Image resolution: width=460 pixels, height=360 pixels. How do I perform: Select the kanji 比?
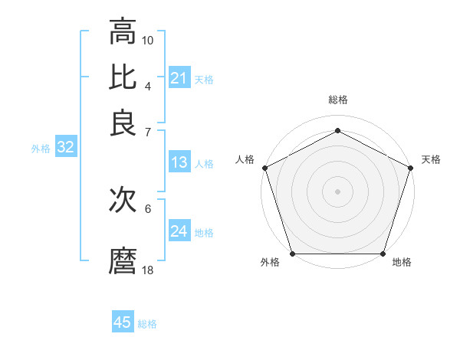(x=123, y=77)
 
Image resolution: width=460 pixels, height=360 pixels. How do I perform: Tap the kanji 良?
(x=123, y=123)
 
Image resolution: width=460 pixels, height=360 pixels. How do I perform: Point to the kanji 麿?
(x=123, y=261)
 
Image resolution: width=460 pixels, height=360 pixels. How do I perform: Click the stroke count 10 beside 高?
(x=148, y=40)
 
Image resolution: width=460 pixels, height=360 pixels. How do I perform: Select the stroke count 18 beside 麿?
(x=148, y=270)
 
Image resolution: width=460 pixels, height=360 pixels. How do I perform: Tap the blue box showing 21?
(x=179, y=77)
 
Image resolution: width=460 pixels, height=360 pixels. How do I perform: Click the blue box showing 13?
(x=179, y=162)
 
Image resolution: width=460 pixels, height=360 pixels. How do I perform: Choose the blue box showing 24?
(x=179, y=231)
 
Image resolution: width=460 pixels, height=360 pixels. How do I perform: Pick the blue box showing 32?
(x=65, y=148)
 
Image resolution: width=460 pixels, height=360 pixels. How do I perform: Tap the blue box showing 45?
(x=123, y=322)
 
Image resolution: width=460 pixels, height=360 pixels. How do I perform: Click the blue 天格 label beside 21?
(x=204, y=79)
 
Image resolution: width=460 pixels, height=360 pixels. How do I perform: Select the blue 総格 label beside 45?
(x=147, y=324)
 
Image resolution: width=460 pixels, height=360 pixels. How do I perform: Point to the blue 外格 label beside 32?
(x=41, y=149)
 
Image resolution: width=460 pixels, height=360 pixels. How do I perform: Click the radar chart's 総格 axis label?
(x=337, y=100)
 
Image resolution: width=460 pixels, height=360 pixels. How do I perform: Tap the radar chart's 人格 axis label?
(x=245, y=159)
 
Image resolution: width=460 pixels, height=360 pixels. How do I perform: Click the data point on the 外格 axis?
(x=292, y=254)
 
